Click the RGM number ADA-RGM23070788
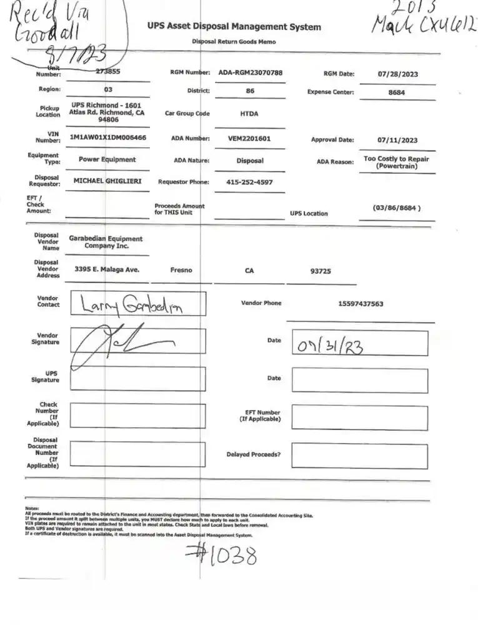pos(250,72)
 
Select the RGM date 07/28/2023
pos(398,74)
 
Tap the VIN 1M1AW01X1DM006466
pos(108,137)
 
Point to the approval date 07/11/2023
pos(397,141)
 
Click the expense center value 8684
pos(397,92)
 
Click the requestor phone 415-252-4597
pos(249,182)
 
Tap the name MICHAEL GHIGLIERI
pos(107,181)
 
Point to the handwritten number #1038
pos(221,554)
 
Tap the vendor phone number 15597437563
pos(361,304)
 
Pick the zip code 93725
pos(322,271)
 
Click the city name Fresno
pos(181,271)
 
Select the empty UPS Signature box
pos(137,379)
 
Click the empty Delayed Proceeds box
pos(359,456)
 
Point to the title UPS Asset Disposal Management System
pos(234,27)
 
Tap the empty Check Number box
pos(137,416)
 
